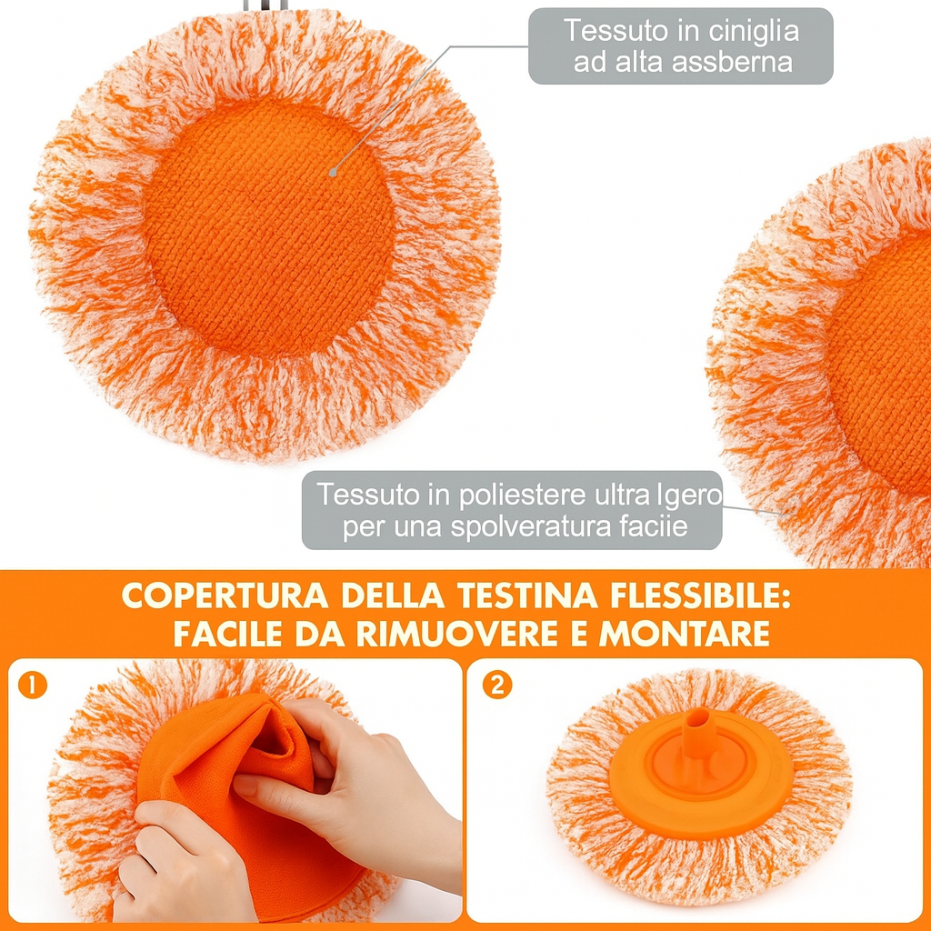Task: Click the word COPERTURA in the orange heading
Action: coord(225,596)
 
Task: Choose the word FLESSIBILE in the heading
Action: coord(701,596)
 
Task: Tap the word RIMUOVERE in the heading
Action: coord(456,634)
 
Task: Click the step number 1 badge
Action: coord(33,686)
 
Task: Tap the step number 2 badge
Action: coord(497,686)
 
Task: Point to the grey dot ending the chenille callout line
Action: coord(333,173)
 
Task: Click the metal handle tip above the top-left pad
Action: coord(265,5)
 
